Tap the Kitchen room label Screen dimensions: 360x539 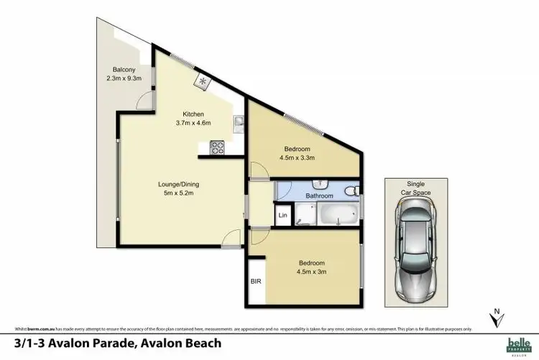click(x=193, y=114)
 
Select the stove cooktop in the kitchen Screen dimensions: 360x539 click(x=217, y=149)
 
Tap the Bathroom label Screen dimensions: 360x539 click(x=319, y=195)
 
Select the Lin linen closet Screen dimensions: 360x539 click(x=282, y=215)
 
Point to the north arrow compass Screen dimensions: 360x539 click(x=495, y=316)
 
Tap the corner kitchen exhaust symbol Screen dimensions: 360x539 click(x=203, y=81)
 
